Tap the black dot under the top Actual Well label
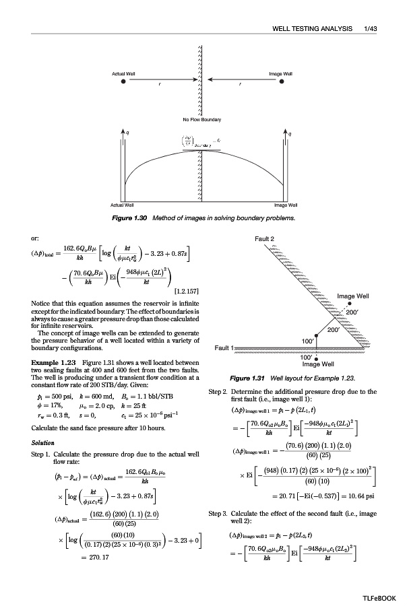123,81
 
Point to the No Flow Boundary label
201,119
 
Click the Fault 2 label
265,239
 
